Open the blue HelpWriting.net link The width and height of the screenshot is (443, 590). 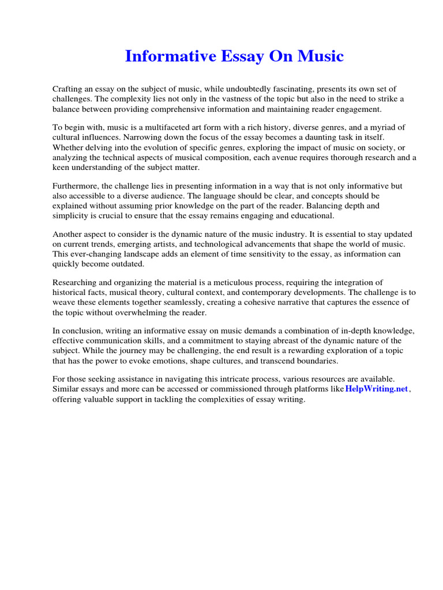point(377,389)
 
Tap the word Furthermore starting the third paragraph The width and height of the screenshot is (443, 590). point(76,186)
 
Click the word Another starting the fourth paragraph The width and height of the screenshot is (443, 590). point(68,235)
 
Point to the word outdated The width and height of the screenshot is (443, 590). point(126,264)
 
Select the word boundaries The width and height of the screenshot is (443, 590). point(316,361)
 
